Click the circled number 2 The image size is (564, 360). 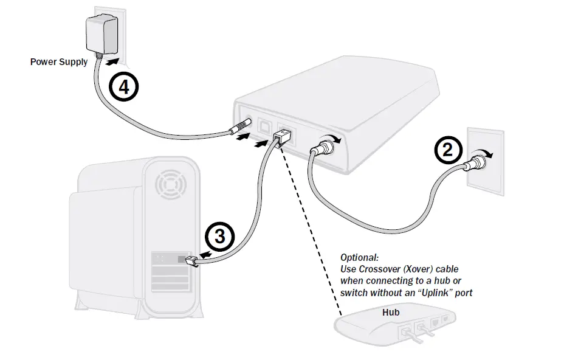(448, 150)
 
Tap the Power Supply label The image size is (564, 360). (59, 61)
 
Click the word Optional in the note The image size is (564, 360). (359, 257)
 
